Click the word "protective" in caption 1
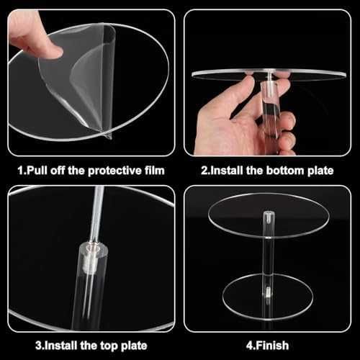pos(114,171)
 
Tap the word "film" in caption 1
pos(155,171)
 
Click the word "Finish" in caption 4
pos(272,346)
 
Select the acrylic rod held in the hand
pos(271,108)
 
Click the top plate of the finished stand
pos(269,215)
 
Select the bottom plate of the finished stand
pos(268,297)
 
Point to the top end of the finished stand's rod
pos(269,212)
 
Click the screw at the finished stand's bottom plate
pos(268,292)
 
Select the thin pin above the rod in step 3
pos(97,215)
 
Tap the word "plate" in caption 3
pos(134,346)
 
